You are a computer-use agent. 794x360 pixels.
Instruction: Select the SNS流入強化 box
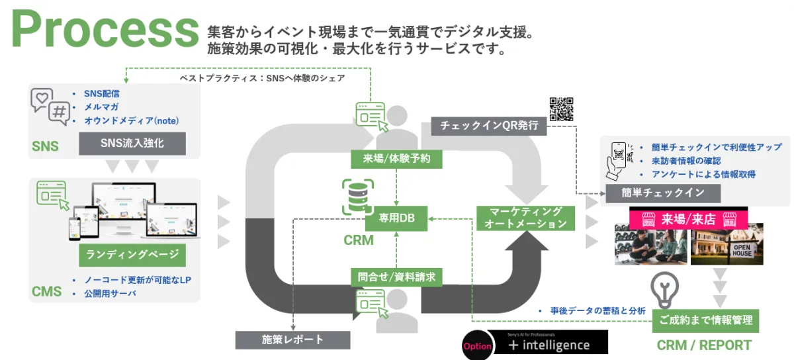click(132, 143)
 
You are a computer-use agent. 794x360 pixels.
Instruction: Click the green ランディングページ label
click(132, 254)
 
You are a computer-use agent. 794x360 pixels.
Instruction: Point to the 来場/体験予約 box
click(396, 159)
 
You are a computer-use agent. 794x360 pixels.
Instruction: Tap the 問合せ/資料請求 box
click(396, 277)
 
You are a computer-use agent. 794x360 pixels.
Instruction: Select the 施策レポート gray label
click(293, 339)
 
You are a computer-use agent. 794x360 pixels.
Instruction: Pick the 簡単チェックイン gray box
click(662, 193)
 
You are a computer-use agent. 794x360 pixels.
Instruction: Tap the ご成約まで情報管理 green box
click(706, 320)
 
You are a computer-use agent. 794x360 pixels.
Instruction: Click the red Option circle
click(478, 345)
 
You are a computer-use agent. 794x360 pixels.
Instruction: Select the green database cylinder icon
click(357, 197)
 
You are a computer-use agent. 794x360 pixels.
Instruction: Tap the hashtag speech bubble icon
click(60, 113)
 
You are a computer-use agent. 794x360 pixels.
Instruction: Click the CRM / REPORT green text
click(704, 345)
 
